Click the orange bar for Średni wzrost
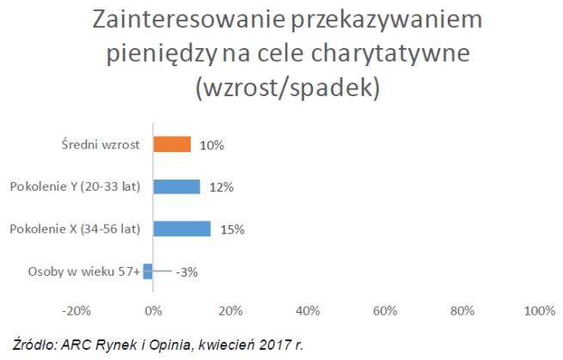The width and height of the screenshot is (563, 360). coord(172,145)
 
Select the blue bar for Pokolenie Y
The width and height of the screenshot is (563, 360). coord(176,186)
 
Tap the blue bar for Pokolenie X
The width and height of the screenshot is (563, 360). coord(181,229)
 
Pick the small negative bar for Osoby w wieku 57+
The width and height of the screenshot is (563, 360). coord(148,271)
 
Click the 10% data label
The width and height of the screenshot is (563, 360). coord(211,145)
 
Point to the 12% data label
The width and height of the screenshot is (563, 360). coord(221,186)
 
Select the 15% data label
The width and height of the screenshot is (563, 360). coord(232,229)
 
